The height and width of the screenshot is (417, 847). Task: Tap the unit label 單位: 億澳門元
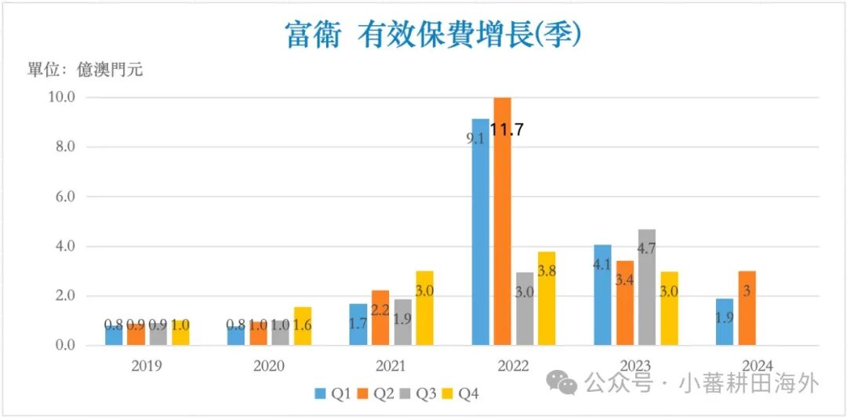(x=85, y=70)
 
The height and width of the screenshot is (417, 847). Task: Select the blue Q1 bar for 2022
(x=480, y=232)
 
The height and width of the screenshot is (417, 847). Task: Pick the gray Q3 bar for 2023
(x=647, y=287)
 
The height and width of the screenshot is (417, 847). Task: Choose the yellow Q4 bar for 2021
(x=424, y=308)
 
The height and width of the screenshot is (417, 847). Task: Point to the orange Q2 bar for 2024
(x=747, y=308)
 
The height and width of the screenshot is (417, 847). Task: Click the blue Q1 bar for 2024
(x=725, y=321)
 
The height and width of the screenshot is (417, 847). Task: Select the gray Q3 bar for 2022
(x=525, y=308)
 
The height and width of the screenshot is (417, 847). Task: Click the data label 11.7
(x=507, y=130)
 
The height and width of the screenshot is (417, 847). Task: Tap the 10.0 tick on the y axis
(x=62, y=97)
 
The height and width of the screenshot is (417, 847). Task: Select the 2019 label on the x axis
(x=147, y=366)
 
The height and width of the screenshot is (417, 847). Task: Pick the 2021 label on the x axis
(x=391, y=366)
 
